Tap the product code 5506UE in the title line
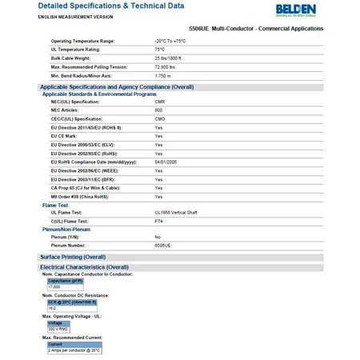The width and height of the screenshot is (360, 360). click(211, 29)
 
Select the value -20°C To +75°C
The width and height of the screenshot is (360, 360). click(170, 41)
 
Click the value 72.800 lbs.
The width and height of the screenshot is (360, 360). click(166, 67)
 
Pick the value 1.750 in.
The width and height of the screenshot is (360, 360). click(163, 76)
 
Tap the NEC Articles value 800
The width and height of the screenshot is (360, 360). click(158, 110)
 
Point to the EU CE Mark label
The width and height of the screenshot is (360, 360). click(70, 137)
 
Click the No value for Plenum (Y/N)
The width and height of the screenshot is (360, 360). click(158, 238)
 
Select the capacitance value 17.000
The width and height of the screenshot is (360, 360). click(54, 286)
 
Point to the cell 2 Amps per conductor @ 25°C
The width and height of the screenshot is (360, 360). click(74, 350)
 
